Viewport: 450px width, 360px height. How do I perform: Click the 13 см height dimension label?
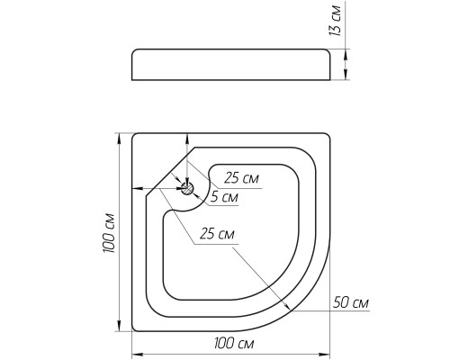336,21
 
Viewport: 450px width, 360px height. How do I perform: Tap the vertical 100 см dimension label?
109,233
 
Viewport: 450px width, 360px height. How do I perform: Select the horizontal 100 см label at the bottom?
234,343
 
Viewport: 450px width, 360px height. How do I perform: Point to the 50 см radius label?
351,302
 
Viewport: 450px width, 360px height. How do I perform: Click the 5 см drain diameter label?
224,197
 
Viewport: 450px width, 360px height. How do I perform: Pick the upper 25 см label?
241,178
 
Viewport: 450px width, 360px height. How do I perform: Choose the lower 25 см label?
217,234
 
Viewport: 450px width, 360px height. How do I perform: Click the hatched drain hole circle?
187,189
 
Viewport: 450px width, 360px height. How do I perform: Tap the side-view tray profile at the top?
231,65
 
